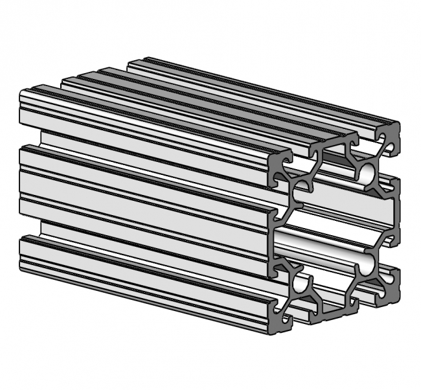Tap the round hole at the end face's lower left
tap(299, 284)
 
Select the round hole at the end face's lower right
tap(367, 262)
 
